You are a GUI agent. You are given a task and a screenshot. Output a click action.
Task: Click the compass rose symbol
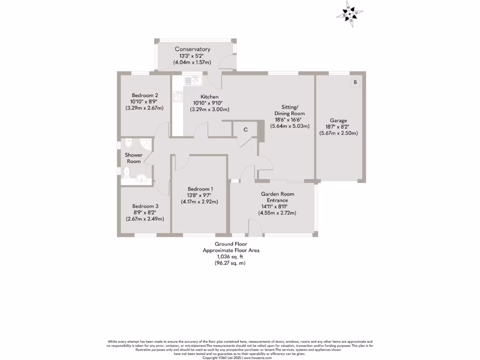[349, 15]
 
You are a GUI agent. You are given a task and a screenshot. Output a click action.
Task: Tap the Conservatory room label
[192, 49]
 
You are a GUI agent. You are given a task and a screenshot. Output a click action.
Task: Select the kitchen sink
[192, 80]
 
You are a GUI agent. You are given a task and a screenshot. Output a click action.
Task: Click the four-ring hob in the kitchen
[178, 97]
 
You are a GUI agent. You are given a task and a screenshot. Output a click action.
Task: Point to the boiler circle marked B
[355, 82]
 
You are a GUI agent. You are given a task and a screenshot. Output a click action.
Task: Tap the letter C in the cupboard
[245, 130]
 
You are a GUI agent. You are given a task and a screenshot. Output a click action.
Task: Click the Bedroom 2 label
[144, 95]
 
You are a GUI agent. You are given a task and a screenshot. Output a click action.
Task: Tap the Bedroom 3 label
[145, 206]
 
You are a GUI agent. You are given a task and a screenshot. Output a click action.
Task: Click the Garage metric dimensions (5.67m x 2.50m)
[338, 133]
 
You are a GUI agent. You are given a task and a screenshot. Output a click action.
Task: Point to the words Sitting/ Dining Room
[290, 110]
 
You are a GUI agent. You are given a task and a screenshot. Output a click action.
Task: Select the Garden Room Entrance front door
[255, 229]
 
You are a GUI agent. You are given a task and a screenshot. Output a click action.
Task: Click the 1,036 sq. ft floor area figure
[231, 257]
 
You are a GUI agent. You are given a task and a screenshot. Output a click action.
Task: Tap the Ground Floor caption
[231, 244]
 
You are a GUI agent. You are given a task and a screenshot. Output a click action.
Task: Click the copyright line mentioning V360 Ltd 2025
[240, 357]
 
